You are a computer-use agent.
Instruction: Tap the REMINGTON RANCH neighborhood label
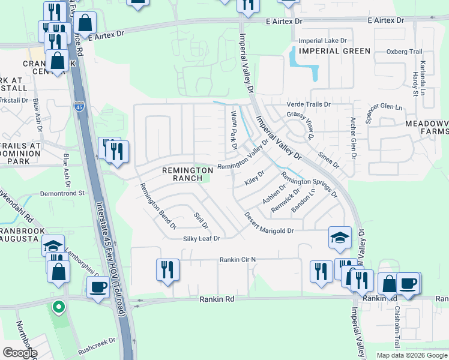[x=185, y=175]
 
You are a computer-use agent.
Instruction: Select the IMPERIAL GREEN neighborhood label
[x=335, y=50]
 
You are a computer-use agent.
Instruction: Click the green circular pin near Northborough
[x=58, y=308]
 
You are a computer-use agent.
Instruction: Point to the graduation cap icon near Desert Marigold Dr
[x=339, y=238]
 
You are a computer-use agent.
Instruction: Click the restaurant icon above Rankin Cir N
[x=167, y=269]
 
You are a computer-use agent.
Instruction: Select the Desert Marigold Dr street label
[x=268, y=230]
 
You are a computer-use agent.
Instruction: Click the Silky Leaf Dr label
[x=202, y=238]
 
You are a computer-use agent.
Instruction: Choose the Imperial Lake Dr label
[x=323, y=40]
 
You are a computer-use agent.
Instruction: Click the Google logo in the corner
[x=20, y=352]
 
